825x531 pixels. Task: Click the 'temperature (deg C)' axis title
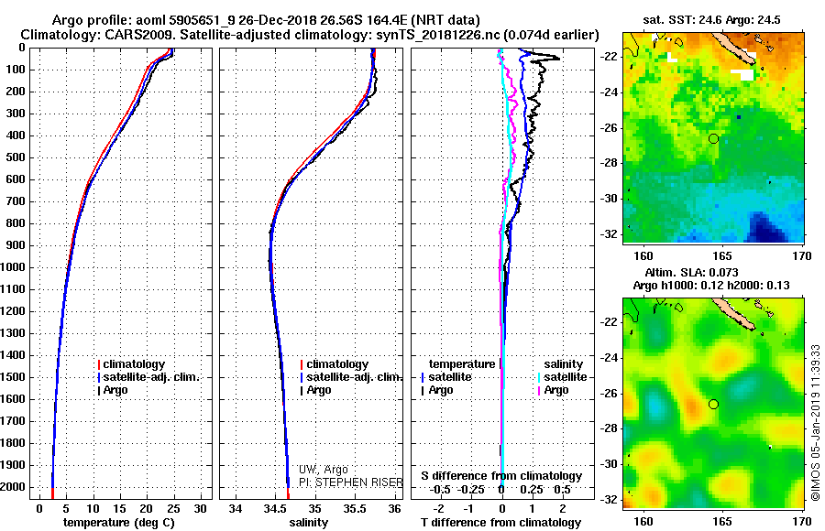[x=114, y=523]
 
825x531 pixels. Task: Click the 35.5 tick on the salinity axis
[x=355, y=507]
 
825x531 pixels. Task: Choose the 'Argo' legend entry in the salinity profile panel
[x=319, y=390]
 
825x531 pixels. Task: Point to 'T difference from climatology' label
[x=501, y=523]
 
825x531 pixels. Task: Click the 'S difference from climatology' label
[x=501, y=476]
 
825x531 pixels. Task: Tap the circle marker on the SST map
[x=713, y=138]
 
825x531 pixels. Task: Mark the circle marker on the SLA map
[x=713, y=404]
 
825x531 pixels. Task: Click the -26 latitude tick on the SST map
[x=608, y=127]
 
